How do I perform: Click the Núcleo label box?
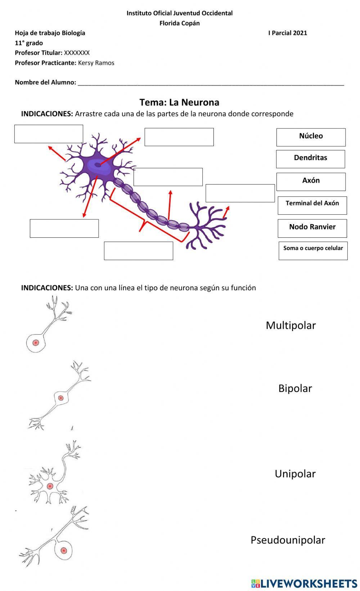point(311,137)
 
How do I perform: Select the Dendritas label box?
point(310,159)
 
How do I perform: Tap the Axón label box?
point(311,181)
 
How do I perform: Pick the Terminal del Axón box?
point(312,205)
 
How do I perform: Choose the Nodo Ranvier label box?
point(312,228)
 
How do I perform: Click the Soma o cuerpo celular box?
point(313,250)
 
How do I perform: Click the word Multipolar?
point(291,325)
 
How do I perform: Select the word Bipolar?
point(295,388)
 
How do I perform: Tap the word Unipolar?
point(295,473)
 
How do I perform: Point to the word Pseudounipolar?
point(288,540)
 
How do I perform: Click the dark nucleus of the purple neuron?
point(98,165)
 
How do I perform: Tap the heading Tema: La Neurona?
point(179,102)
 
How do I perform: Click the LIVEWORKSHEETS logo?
point(304,583)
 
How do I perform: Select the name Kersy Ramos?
point(96,63)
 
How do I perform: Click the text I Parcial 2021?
point(287,33)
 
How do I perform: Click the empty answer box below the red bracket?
point(138,251)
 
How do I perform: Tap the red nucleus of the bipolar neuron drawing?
point(61,398)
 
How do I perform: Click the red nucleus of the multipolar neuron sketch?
point(50,486)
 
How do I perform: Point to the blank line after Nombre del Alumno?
point(211,83)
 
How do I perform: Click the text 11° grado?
point(29,43)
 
